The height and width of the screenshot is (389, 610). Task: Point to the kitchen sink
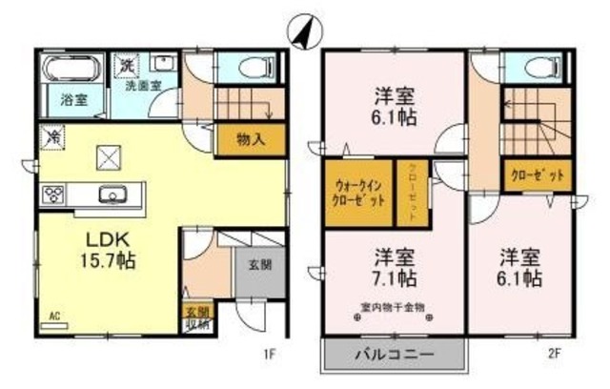click(111, 194)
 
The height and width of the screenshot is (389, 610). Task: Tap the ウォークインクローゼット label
click(360, 194)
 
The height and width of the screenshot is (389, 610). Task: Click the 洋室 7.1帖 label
click(393, 267)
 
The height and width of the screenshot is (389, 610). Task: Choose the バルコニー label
click(392, 357)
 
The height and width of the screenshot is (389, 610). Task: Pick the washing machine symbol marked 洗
click(126, 65)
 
